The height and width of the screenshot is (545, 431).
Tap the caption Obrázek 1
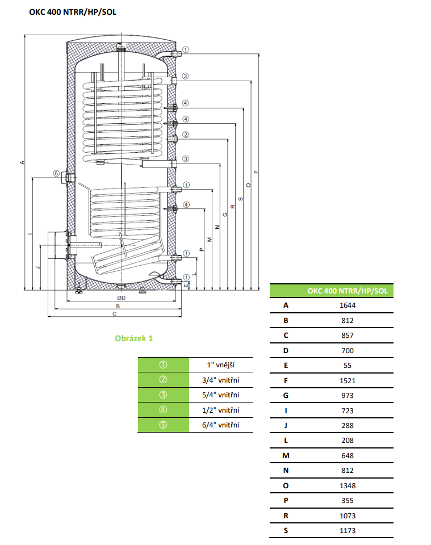[134, 338]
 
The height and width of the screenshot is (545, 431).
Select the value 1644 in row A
[348, 305]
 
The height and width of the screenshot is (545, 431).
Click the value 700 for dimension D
[348, 350]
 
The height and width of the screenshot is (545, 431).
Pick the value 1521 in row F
[348, 380]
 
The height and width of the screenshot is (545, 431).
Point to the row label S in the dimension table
[286, 530]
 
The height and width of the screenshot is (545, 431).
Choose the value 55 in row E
[348, 366]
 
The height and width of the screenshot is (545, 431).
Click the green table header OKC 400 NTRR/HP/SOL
[348, 291]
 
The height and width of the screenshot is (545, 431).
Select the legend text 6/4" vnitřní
[221, 425]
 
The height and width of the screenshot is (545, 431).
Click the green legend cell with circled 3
[163, 395]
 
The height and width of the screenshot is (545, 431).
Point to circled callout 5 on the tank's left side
[56, 174]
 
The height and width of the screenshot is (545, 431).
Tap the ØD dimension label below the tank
[121, 297]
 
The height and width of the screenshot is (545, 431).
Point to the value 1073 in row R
[348, 515]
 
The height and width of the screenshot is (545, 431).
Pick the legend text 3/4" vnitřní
[221, 380]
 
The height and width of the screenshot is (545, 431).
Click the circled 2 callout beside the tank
[186, 135]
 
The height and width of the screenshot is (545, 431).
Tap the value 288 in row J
[348, 425]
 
